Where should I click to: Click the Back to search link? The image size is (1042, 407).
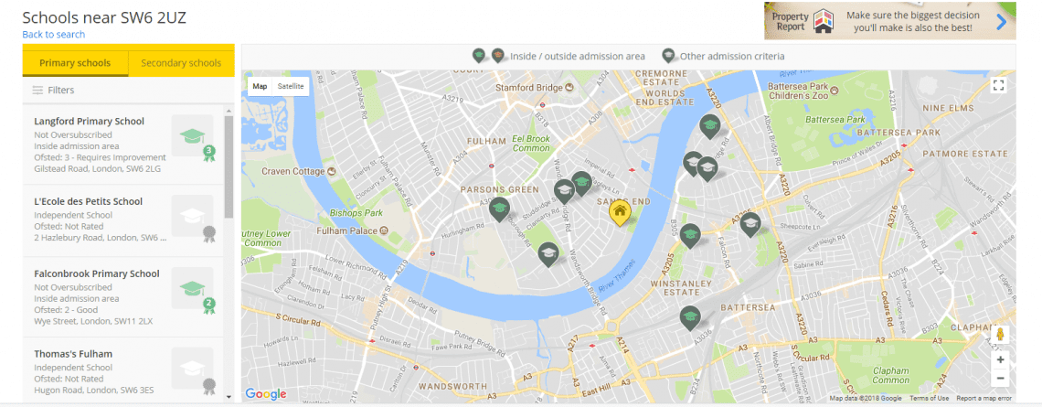coord(54,35)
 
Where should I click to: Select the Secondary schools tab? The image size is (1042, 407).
coord(181,63)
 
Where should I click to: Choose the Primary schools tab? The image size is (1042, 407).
coord(75,63)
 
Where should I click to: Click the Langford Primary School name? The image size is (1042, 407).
coord(89,121)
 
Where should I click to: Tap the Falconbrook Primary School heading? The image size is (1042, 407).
coord(96,273)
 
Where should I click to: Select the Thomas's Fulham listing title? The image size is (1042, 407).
coord(73,354)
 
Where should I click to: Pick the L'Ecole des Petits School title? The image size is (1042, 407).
coord(88,201)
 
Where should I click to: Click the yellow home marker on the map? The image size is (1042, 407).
coord(620,212)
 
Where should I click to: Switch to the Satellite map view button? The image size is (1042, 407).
coord(291,86)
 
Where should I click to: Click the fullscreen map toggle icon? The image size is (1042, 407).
coord(999,85)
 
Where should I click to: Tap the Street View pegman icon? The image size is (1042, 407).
coord(1000,335)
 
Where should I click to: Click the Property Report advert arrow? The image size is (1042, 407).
coord(1001,22)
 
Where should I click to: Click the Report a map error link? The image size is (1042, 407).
coord(984,399)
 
